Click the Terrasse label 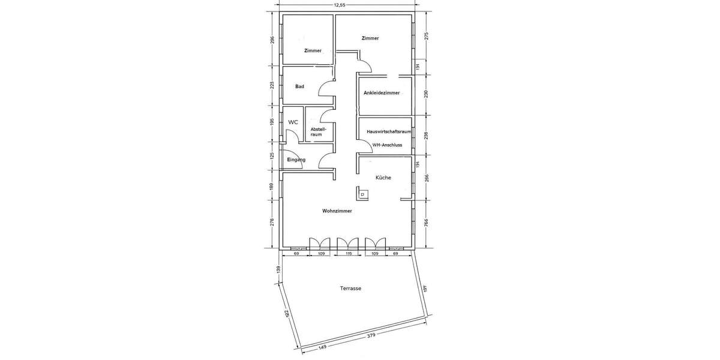(350, 289)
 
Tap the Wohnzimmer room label (337, 211)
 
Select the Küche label (383, 178)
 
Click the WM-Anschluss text (387, 145)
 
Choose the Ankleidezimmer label (382, 93)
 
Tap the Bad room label (299, 86)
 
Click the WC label (293, 122)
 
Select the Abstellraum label (318, 131)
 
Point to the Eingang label (296, 160)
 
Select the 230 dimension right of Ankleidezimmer (427, 94)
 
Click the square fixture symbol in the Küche (363, 194)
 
